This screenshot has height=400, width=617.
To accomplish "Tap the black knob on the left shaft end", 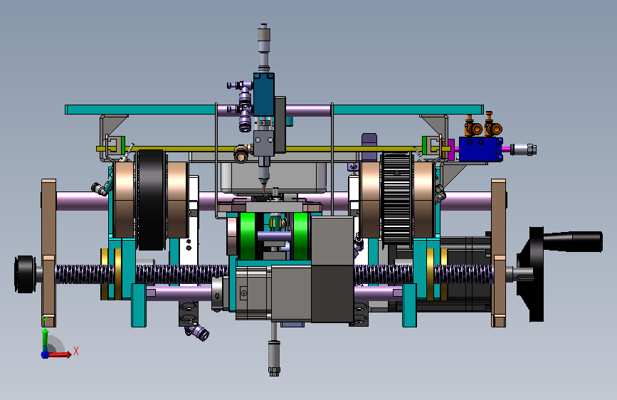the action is [x=25, y=275].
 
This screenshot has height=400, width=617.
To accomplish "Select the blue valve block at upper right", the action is [x=481, y=149].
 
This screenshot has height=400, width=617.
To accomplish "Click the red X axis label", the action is [x=76, y=351].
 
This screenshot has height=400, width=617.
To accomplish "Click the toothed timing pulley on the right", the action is [x=397, y=199].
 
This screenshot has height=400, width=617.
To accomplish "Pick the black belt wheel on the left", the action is [x=151, y=199].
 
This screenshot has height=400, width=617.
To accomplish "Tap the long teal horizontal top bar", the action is [x=274, y=110].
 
